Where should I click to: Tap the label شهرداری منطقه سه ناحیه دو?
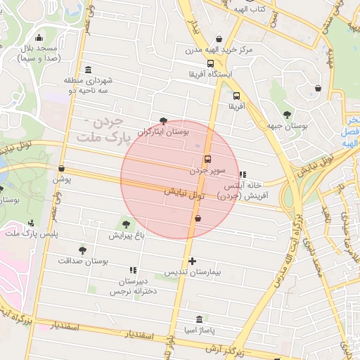[x=88, y=86]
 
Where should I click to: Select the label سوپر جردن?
[x=207, y=170]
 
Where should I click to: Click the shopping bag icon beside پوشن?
[x=63, y=169]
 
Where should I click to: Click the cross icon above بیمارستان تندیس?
[x=193, y=261]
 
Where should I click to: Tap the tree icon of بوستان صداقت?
[x=82, y=250]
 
